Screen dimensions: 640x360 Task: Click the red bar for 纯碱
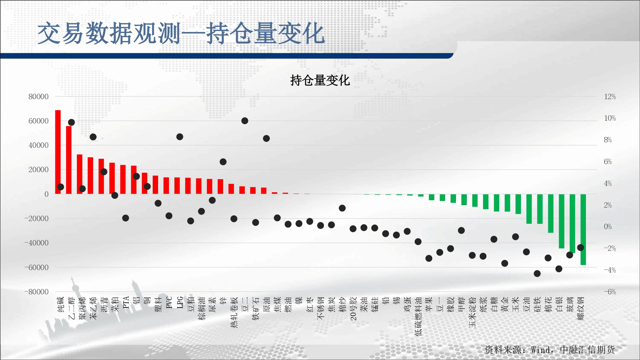click(58, 152)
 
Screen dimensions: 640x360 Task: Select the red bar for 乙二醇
click(69, 160)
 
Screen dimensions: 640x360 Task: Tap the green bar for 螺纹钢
click(583, 229)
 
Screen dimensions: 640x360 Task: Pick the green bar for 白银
click(562, 221)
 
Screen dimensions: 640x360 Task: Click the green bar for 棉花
click(551, 213)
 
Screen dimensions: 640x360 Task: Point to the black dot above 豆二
click(245, 121)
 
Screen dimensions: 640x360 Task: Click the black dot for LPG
click(180, 137)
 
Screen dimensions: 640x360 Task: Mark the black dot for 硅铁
click(537, 274)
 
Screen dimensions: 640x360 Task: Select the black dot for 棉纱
click(342, 208)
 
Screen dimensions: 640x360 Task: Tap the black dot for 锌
click(223, 162)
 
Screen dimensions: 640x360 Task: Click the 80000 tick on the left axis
click(38, 97)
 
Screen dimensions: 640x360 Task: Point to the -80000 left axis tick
click(36, 292)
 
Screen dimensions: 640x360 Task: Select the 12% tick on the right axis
click(610, 97)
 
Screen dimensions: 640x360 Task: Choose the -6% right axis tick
click(610, 292)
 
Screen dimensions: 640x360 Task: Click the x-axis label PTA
click(126, 302)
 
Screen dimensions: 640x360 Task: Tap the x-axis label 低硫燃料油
click(418, 316)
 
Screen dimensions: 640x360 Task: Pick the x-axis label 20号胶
click(353, 308)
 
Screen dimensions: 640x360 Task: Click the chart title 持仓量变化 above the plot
click(320, 80)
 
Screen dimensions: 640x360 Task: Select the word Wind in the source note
click(540, 350)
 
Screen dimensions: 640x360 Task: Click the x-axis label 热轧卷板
click(234, 312)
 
